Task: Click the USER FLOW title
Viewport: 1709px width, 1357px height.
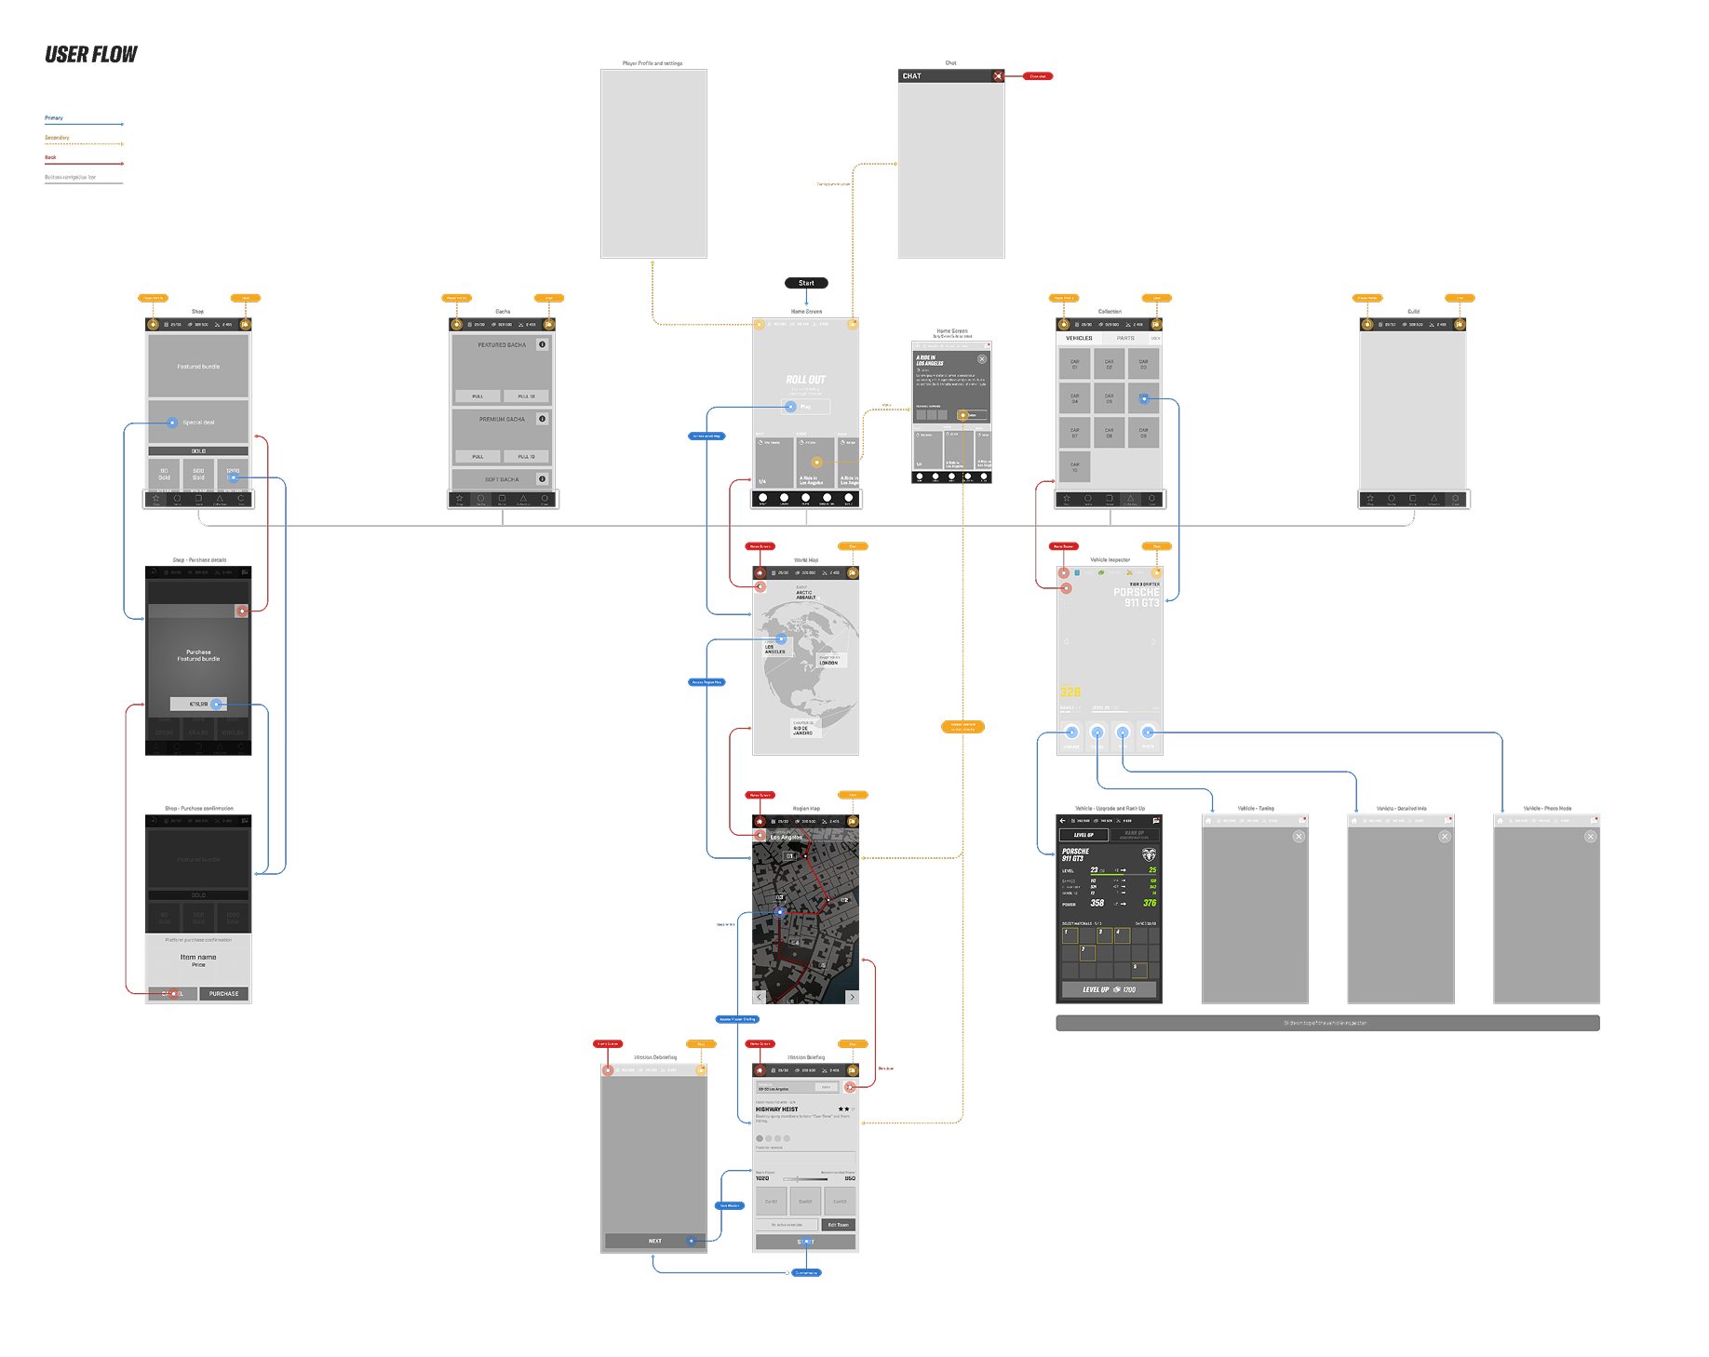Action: pyautogui.click(x=91, y=55)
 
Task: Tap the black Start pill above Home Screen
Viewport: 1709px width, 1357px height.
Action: pyautogui.click(x=806, y=283)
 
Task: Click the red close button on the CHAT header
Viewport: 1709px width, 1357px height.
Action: pyautogui.click(x=998, y=76)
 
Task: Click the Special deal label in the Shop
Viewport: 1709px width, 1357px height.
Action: pyautogui.click(x=198, y=423)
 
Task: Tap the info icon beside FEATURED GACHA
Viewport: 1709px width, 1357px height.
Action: pyautogui.click(x=542, y=344)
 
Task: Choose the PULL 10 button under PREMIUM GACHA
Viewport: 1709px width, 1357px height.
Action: pyautogui.click(x=526, y=457)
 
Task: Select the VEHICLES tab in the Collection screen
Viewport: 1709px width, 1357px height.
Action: pyautogui.click(x=1079, y=339)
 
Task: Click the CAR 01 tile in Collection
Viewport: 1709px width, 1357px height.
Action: pyautogui.click(x=1074, y=364)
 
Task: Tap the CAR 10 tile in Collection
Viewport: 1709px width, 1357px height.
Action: pyautogui.click(x=1074, y=466)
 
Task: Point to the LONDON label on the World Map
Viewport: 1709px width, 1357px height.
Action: pyautogui.click(x=828, y=662)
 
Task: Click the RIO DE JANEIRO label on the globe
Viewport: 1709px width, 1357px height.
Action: pyautogui.click(x=801, y=730)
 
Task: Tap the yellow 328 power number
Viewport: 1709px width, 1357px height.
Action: pyautogui.click(x=1070, y=692)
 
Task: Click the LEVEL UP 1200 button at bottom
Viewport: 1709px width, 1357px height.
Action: pyautogui.click(x=1109, y=989)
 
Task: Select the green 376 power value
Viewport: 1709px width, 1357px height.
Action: pyautogui.click(x=1150, y=903)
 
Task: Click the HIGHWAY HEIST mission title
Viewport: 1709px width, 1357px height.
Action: pyautogui.click(x=777, y=1109)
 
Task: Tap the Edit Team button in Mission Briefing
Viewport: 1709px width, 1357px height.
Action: pyautogui.click(x=839, y=1225)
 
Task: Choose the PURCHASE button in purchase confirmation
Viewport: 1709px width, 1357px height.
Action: pyautogui.click(x=223, y=994)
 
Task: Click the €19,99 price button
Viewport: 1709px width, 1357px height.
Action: pyautogui.click(x=198, y=704)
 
